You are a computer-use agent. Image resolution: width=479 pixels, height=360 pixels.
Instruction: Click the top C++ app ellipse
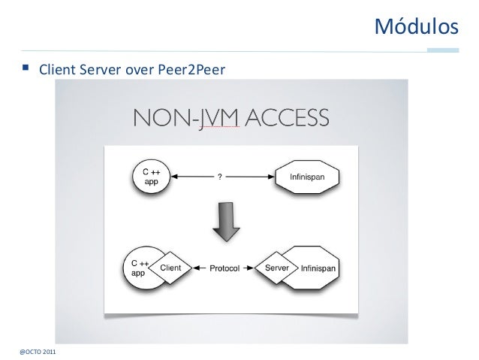click(149, 177)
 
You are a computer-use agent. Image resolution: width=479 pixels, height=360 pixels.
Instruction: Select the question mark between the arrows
click(219, 177)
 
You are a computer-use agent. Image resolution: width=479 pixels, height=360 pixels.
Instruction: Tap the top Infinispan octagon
click(307, 177)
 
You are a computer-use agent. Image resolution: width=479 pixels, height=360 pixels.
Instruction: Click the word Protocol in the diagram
click(224, 268)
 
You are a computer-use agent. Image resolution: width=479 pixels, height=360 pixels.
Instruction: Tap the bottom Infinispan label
click(319, 268)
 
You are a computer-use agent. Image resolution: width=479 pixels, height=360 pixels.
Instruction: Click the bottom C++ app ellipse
click(141, 268)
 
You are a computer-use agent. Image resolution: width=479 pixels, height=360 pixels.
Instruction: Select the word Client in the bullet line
click(58, 71)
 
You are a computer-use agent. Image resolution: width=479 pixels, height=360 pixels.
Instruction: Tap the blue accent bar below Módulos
click(443, 50)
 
